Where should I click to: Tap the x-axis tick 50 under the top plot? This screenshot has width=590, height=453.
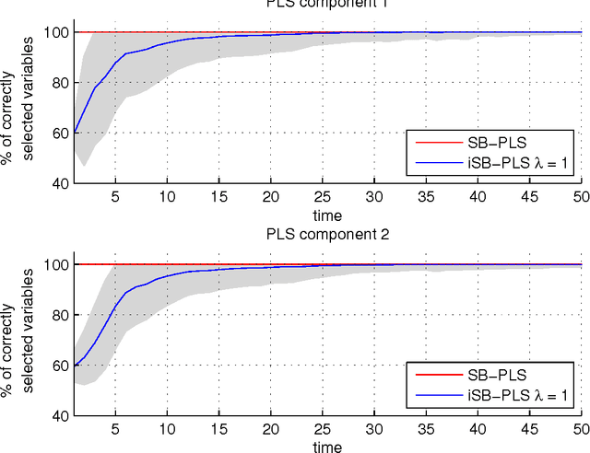(581, 197)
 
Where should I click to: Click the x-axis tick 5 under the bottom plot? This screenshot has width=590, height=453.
(115, 430)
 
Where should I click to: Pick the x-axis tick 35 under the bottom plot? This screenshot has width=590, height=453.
(426, 430)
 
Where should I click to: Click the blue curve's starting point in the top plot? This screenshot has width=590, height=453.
(75, 133)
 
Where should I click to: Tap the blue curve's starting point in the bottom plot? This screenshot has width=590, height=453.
(75, 366)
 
